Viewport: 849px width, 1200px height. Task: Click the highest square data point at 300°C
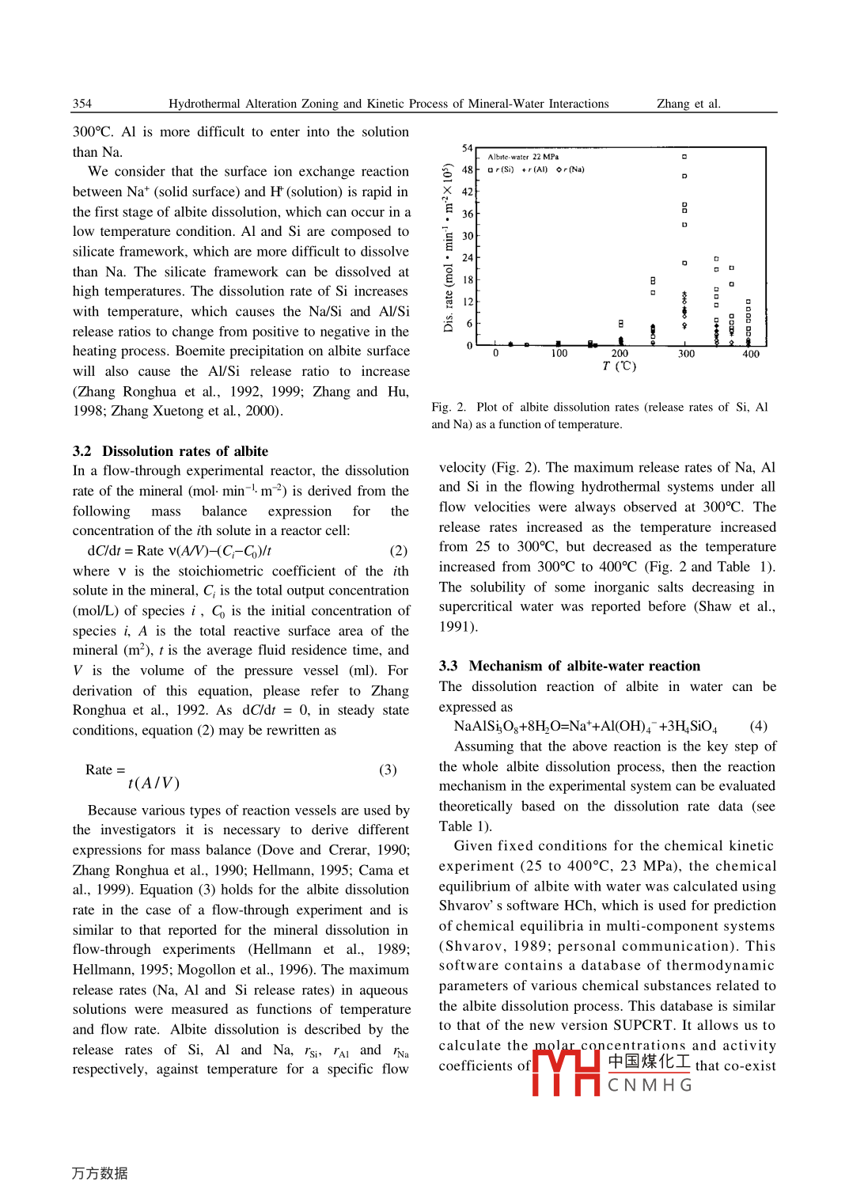tap(684, 157)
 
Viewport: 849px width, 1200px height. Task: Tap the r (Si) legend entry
tap(501, 169)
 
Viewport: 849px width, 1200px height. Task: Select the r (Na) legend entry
tap(570, 169)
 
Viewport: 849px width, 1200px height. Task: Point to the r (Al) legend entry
tap(535, 169)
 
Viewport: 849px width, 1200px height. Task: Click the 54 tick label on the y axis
tap(467, 148)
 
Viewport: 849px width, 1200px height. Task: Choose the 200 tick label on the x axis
tap(620, 353)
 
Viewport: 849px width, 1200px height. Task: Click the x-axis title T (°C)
tap(619, 366)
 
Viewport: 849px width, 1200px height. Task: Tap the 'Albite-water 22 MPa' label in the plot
tap(523, 157)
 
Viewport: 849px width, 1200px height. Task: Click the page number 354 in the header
tap(82, 104)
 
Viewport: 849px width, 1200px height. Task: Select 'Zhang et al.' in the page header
tap(688, 104)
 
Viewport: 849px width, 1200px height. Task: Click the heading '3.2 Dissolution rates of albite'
tap(170, 451)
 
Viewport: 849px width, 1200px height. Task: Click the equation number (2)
tap(398, 550)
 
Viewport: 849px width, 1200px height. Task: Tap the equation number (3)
tap(388, 769)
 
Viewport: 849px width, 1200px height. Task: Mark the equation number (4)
tap(758, 726)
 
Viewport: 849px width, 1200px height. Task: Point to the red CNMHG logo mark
tap(566, 1072)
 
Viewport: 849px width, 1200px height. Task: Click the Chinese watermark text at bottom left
tap(100, 1173)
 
